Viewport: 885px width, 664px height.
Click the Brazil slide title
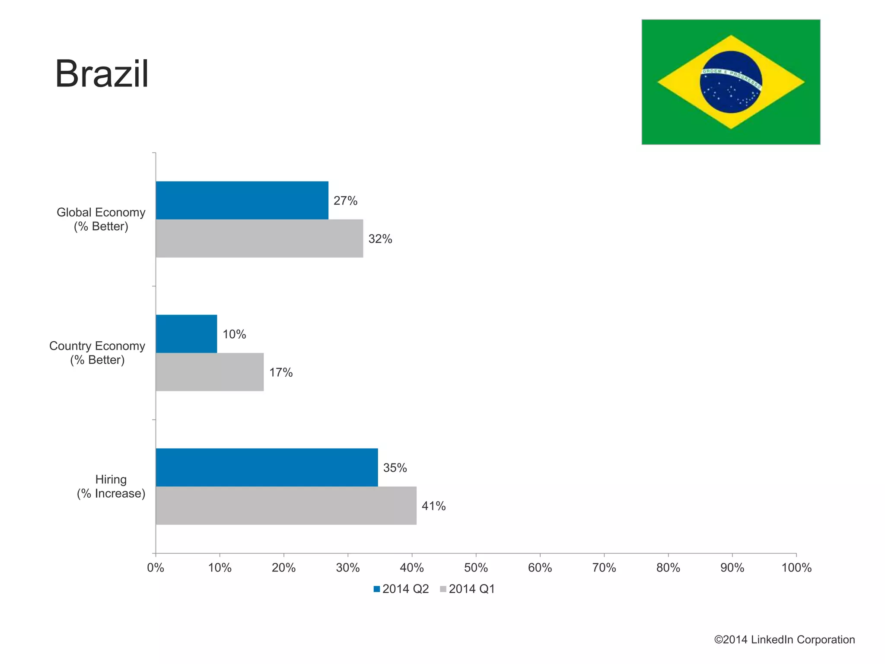coord(102,74)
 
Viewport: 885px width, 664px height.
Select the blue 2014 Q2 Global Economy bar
coord(242,200)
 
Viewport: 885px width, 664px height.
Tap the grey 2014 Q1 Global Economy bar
coord(259,238)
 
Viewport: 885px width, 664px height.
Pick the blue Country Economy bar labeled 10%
coord(186,334)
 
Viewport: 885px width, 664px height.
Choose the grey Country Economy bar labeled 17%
coord(210,372)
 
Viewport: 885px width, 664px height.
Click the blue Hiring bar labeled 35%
coord(267,467)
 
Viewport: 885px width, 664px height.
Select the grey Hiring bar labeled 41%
coord(286,505)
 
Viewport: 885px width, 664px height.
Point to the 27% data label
coord(345,201)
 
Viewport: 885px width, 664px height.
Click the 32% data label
coord(380,239)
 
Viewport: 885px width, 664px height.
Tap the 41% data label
coord(433,506)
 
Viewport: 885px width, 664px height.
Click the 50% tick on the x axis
coord(476,568)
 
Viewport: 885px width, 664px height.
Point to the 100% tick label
coord(796,568)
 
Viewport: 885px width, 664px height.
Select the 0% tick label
coord(156,568)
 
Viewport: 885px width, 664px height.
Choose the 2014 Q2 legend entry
coord(401,589)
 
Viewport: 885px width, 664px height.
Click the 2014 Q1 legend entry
coord(467,589)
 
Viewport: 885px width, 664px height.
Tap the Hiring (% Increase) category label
coord(111,486)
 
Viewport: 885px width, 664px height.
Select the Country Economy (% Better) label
coord(97,353)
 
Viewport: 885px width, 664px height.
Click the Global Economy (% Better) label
coord(101,219)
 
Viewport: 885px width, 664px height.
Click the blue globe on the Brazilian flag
coord(731,82)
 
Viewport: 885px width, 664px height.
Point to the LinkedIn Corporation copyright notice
coord(784,640)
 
